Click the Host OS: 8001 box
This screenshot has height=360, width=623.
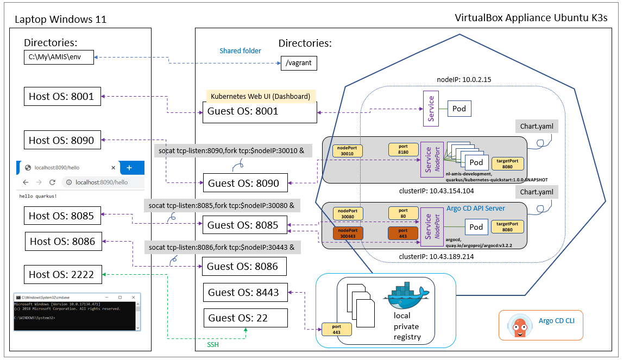pyautogui.click(x=61, y=97)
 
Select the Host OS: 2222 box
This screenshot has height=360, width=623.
pyautogui.click(x=61, y=274)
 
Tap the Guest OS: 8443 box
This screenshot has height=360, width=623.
pyautogui.click(x=245, y=292)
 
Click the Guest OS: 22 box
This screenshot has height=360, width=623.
pyautogui.click(x=245, y=318)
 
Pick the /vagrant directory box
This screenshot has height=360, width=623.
pyautogui.click(x=298, y=63)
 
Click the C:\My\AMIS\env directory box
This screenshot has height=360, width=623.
pyautogui.click(x=59, y=56)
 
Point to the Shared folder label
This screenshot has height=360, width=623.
pyautogui.click(x=240, y=50)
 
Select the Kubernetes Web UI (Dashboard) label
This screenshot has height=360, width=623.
pyautogui.click(x=260, y=96)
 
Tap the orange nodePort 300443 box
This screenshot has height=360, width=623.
pyautogui.click(x=347, y=233)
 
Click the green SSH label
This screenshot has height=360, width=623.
pyautogui.click(x=213, y=344)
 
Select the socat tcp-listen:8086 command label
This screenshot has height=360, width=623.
pyautogui.click(x=222, y=247)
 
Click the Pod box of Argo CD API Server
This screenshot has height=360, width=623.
pyautogui.click(x=476, y=227)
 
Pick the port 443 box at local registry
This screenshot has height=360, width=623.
pyautogui.click(x=335, y=329)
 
